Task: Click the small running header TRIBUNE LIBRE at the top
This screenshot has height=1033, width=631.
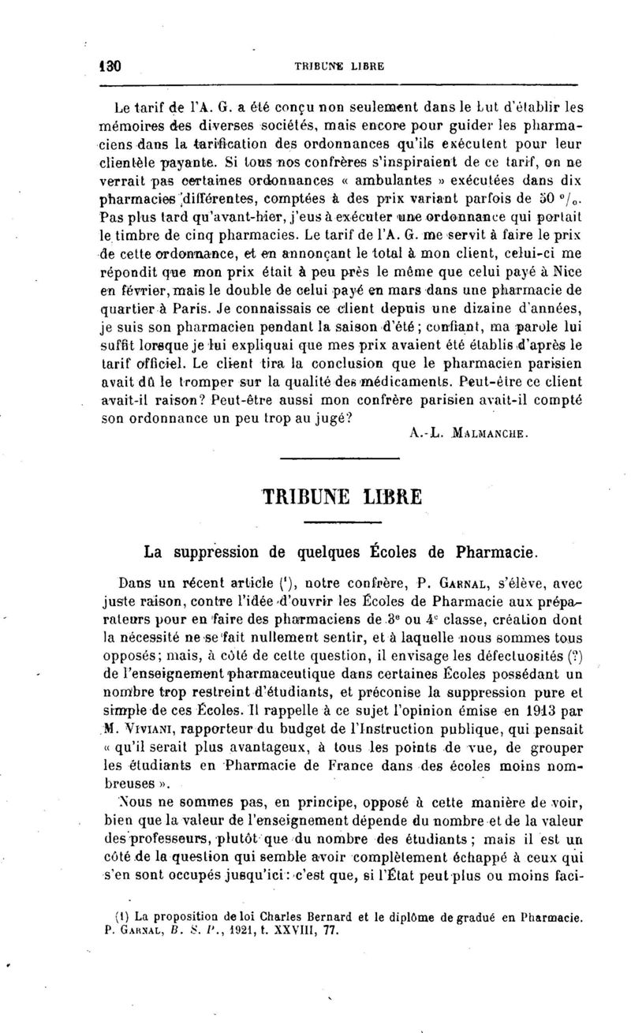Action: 338,67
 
